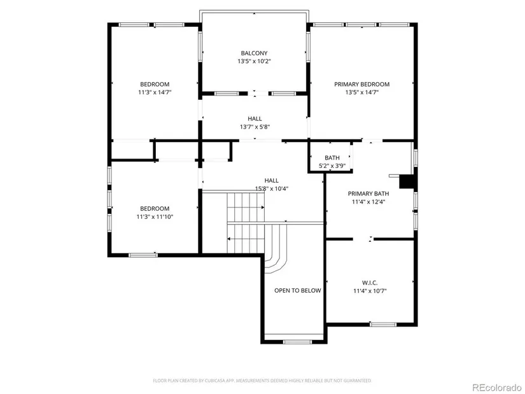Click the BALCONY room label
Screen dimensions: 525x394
(x=254, y=53)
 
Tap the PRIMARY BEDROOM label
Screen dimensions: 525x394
(x=362, y=84)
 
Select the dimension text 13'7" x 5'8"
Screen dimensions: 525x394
(x=255, y=127)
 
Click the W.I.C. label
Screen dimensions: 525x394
(x=370, y=283)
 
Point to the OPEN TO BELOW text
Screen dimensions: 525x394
(x=298, y=290)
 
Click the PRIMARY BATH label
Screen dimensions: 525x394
(x=368, y=193)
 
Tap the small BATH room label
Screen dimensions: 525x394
(x=332, y=157)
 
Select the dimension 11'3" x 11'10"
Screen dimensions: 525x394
(x=155, y=216)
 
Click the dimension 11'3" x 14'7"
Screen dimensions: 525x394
(x=155, y=92)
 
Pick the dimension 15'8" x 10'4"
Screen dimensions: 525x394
(x=272, y=188)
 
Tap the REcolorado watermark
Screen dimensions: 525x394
(x=496, y=387)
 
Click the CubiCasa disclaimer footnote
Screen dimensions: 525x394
(x=262, y=381)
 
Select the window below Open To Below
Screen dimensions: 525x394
(x=297, y=342)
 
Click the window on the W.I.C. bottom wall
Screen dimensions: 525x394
(x=383, y=324)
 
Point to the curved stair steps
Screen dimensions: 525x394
(x=276, y=249)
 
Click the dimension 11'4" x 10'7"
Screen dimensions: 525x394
(x=370, y=291)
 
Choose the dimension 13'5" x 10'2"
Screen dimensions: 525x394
(x=254, y=61)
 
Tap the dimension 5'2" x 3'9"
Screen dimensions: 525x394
(x=332, y=165)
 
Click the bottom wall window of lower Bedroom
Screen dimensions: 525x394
(x=143, y=255)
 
